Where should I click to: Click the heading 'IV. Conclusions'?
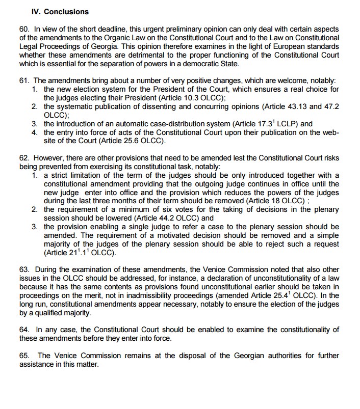(x=53, y=11)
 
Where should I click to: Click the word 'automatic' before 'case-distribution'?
(x=133, y=123)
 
